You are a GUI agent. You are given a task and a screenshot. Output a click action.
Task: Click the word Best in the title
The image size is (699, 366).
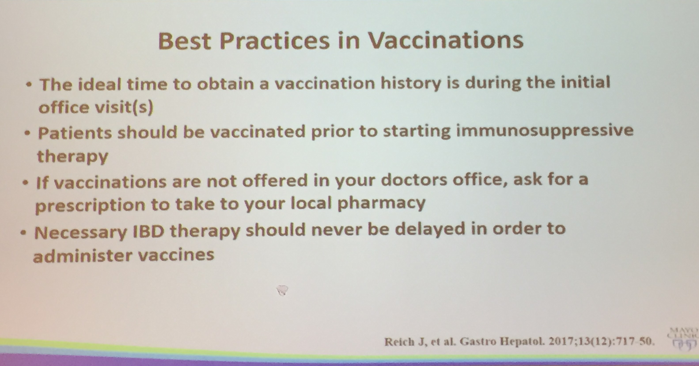[x=184, y=41]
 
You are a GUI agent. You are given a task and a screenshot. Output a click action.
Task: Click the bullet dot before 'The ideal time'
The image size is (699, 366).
[x=28, y=85]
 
